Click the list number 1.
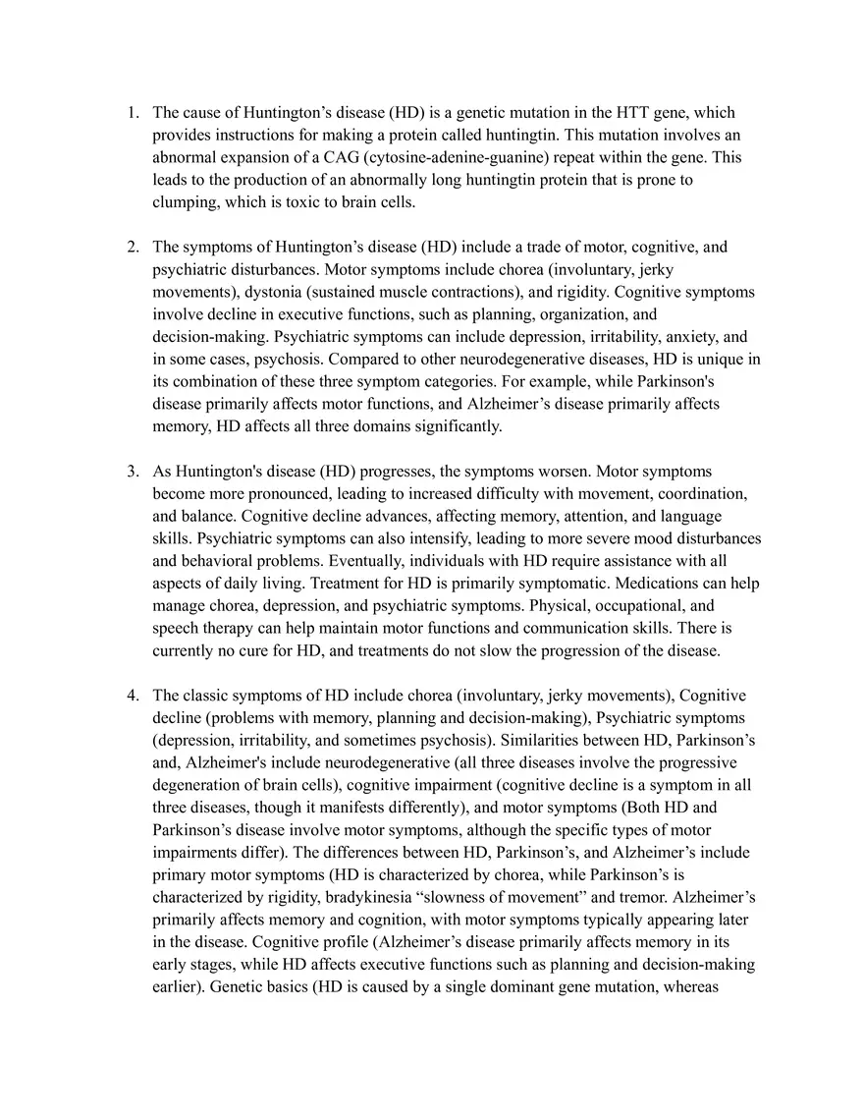[132, 112]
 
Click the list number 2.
[132, 247]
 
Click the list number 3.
[132, 472]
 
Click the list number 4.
[132, 696]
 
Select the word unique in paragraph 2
[720, 359]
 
